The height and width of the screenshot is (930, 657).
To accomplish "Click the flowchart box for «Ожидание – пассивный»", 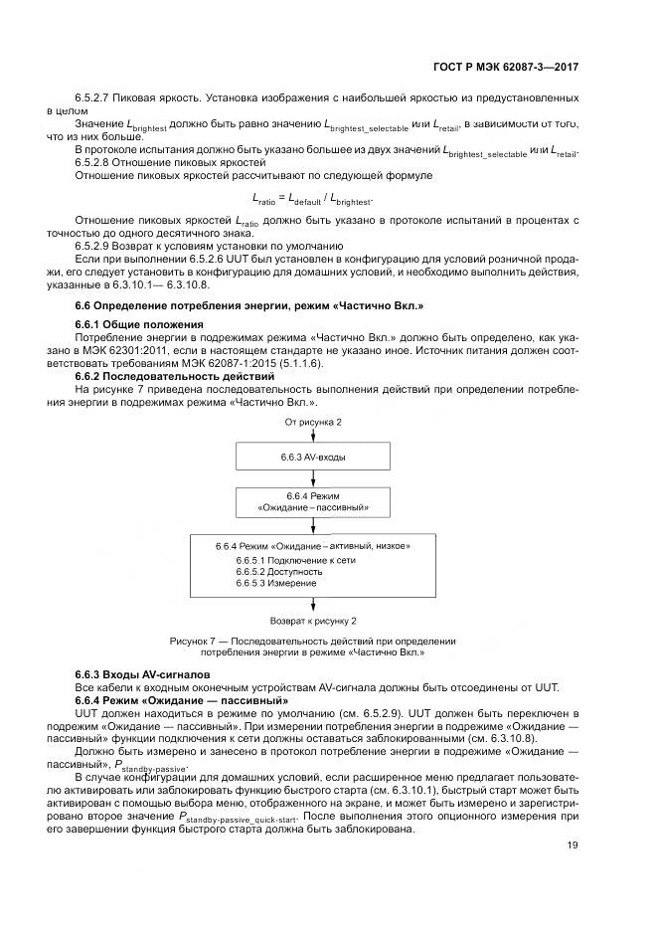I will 313,501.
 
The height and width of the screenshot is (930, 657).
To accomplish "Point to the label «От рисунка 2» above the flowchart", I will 313,423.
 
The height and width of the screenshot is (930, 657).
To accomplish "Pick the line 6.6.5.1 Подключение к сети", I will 281,560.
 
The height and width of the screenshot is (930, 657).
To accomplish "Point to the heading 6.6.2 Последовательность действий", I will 161,377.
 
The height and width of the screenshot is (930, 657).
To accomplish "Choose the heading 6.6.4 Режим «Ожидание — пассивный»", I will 168,699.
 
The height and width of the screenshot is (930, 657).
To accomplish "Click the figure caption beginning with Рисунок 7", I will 312,647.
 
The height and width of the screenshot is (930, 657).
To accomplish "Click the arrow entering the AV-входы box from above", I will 313,438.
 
